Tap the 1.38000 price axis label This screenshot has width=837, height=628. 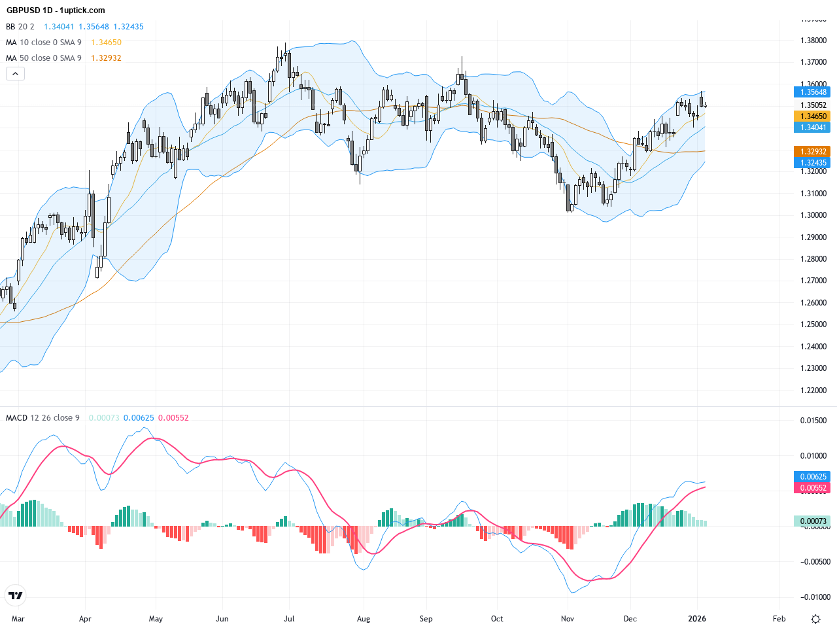(813, 41)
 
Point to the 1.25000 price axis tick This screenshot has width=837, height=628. (813, 324)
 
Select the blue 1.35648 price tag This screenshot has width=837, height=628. (811, 92)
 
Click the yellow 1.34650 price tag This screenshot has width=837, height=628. (811, 116)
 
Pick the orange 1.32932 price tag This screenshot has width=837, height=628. (811, 152)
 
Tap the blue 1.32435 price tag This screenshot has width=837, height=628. (811, 163)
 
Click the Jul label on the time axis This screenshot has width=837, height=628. (289, 619)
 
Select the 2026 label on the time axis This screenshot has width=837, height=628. (697, 619)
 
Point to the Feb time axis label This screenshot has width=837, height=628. (779, 619)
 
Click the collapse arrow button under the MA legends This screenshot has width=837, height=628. (15, 73)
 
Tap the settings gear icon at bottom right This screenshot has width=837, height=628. (815, 619)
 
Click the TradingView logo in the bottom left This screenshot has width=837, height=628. (15, 595)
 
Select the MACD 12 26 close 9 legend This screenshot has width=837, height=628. (43, 418)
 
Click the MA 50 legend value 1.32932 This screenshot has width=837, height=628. (106, 58)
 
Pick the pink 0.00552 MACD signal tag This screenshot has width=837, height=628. (811, 488)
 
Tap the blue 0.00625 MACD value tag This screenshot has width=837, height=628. (811, 477)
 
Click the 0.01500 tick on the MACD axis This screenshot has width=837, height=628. (813, 421)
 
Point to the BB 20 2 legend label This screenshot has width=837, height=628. (20, 27)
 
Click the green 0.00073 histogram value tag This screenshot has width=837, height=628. (811, 521)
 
